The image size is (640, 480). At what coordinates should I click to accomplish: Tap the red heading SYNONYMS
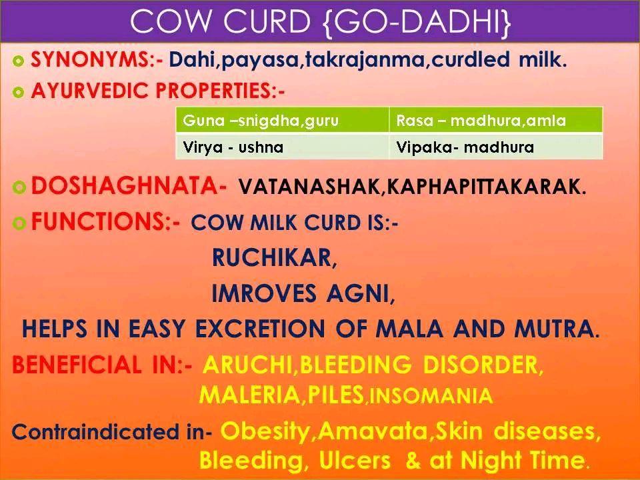(x=90, y=59)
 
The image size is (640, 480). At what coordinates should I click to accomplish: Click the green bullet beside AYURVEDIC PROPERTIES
(x=19, y=92)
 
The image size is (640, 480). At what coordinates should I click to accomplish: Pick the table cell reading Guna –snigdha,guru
(x=283, y=120)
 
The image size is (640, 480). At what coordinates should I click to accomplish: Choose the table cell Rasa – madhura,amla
(x=496, y=120)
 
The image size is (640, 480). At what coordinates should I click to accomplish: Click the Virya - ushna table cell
(x=283, y=146)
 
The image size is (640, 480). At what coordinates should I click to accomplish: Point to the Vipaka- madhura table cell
(x=496, y=146)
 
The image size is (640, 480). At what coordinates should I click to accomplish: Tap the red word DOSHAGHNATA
(x=125, y=185)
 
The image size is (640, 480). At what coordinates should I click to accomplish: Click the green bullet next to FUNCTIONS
(x=19, y=223)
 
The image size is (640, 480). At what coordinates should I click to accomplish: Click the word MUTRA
(x=553, y=329)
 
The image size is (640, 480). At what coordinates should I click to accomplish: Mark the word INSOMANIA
(x=431, y=395)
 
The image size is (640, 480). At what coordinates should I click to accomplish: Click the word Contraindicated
(x=95, y=431)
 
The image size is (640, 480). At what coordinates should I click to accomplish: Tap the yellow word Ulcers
(x=355, y=460)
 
